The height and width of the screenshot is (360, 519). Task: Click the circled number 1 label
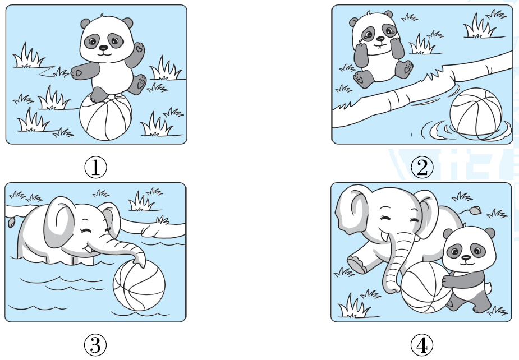(95, 167)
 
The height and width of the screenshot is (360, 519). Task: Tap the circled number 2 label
(422, 167)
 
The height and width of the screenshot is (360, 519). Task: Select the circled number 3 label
(95, 345)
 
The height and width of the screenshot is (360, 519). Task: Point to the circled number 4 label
(422, 345)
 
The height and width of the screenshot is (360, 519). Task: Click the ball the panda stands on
(105, 117)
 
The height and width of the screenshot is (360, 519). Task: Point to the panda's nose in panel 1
(104, 48)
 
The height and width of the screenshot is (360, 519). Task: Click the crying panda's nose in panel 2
(380, 39)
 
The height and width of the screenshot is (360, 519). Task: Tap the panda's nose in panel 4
(466, 257)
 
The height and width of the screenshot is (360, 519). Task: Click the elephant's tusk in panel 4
(384, 237)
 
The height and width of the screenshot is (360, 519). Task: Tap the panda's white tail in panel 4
(488, 287)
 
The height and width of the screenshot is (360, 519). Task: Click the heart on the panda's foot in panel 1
(141, 85)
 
